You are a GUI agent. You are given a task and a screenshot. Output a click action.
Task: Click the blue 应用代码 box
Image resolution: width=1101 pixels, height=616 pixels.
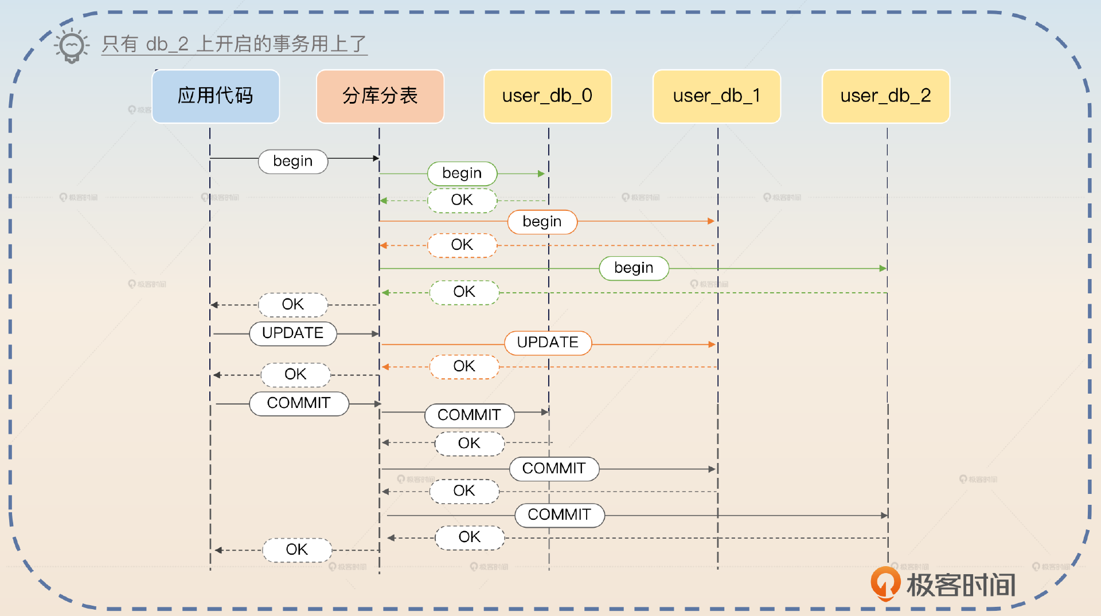[216, 96]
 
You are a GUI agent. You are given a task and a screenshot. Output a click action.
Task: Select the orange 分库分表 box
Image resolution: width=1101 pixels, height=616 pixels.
[380, 96]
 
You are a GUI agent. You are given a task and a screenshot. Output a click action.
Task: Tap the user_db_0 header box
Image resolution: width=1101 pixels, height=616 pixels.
[547, 96]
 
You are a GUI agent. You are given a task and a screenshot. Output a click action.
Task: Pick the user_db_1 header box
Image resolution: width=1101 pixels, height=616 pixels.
[716, 96]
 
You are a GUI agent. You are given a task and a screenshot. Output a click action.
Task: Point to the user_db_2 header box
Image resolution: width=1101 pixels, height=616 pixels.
[885, 96]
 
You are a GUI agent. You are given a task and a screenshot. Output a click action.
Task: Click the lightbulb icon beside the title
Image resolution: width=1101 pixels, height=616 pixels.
[72, 46]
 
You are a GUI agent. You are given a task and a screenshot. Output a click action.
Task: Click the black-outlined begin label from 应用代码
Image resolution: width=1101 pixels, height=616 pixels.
[292, 162]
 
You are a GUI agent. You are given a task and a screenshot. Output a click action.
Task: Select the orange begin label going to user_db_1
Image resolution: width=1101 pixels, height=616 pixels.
[542, 222]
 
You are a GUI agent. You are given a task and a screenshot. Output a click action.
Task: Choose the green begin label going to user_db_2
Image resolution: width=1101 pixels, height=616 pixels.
[634, 268]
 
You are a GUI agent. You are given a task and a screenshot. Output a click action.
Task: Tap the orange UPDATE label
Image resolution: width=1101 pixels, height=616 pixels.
[548, 343]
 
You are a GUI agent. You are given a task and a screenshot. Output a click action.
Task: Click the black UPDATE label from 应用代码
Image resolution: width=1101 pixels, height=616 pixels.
[292, 333]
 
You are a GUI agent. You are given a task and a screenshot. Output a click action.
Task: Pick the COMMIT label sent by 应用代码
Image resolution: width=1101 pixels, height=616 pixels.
[298, 403]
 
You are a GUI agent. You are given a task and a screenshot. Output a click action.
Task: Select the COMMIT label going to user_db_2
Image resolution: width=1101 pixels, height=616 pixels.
[559, 515]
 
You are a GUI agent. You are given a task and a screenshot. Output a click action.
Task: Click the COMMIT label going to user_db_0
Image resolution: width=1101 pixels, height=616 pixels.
[469, 415]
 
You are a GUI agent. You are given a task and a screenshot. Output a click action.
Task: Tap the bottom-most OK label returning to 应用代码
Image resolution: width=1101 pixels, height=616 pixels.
[296, 550]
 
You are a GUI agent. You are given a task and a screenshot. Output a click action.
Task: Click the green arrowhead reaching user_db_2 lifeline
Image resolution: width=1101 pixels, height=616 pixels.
[883, 268]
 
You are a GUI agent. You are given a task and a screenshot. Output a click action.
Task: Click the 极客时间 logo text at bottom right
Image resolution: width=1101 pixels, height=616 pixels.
[961, 585]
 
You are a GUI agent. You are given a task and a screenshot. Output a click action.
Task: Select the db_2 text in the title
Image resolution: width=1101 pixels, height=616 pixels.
[167, 44]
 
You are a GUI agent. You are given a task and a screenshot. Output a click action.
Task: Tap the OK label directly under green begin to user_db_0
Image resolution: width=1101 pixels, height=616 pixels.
[462, 201]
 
